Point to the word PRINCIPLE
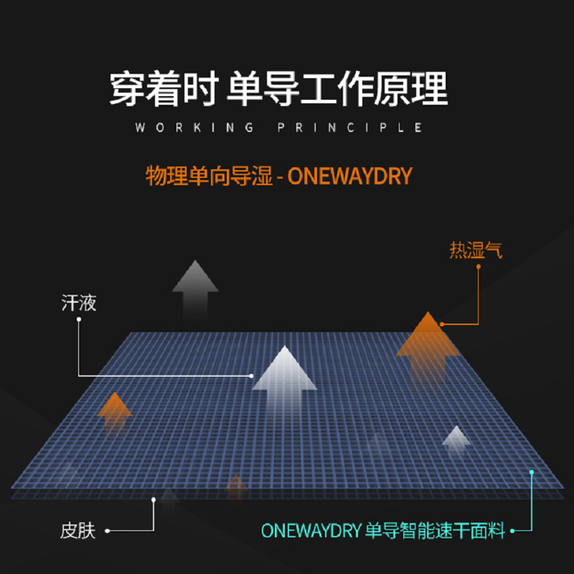click(350, 128)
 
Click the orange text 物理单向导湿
click(209, 176)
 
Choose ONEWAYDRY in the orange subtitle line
click(349, 176)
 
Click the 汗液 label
click(79, 303)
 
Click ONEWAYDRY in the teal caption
click(309, 532)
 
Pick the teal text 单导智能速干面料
click(436, 532)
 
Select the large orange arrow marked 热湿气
click(428, 340)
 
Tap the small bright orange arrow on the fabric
click(115, 409)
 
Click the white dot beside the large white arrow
click(252, 375)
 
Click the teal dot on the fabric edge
click(532, 472)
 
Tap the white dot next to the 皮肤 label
click(107, 531)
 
